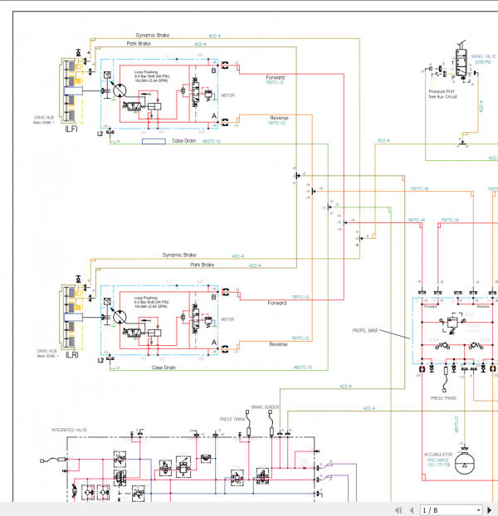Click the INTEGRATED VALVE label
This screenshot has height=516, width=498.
click(69, 431)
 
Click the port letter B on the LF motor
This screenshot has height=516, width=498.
click(214, 71)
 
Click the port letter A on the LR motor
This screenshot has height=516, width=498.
click(214, 342)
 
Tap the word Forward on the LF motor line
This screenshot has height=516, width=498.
click(276, 77)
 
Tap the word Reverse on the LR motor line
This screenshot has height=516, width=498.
click(279, 343)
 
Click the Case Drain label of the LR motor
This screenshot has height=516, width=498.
click(164, 367)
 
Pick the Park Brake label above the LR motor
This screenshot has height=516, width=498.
click(202, 265)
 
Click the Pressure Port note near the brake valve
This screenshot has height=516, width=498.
click(442, 94)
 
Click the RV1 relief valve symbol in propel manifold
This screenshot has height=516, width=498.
click(452, 319)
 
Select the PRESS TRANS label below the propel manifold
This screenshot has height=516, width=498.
click(443, 398)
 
